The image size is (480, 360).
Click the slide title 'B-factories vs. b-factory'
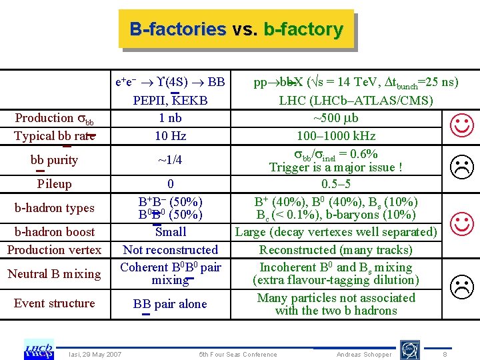(236, 29)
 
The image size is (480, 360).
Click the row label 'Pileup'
(54, 183)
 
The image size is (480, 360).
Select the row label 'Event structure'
(55, 303)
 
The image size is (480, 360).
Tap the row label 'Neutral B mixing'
(54, 274)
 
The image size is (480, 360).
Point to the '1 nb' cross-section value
(171, 118)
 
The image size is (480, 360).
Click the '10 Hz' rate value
(171, 136)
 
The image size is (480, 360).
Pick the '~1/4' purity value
(171, 160)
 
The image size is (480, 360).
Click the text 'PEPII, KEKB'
(171, 101)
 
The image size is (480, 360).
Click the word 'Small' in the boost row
(171, 232)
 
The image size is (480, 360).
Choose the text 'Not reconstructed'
(171, 250)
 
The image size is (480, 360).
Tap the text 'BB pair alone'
(170, 304)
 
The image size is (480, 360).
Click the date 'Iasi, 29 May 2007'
(95, 354)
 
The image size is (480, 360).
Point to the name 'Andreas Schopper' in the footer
(364, 355)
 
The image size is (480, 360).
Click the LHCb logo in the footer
(39, 349)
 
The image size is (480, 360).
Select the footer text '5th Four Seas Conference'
(238, 355)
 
